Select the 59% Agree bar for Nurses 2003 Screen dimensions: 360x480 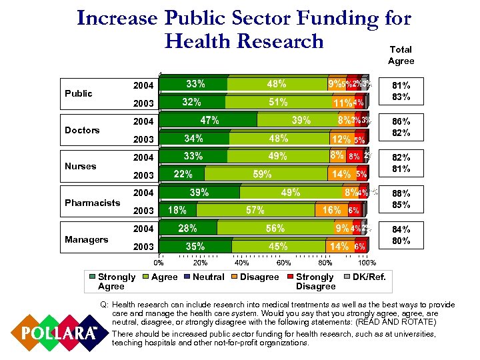point(261,174)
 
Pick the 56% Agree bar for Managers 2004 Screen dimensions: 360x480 point(275,228)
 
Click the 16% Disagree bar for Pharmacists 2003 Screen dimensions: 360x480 point(331,210)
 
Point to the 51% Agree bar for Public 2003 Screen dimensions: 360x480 point(278,103)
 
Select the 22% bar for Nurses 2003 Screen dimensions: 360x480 point(183,174)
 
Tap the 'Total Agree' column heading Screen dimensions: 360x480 point(401,55)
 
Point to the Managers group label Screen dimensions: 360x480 point(85,239)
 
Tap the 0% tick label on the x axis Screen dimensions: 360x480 point(160,263)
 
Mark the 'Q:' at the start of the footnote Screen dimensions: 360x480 point(103,304)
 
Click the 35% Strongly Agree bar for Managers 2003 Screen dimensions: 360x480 point(195,246)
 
